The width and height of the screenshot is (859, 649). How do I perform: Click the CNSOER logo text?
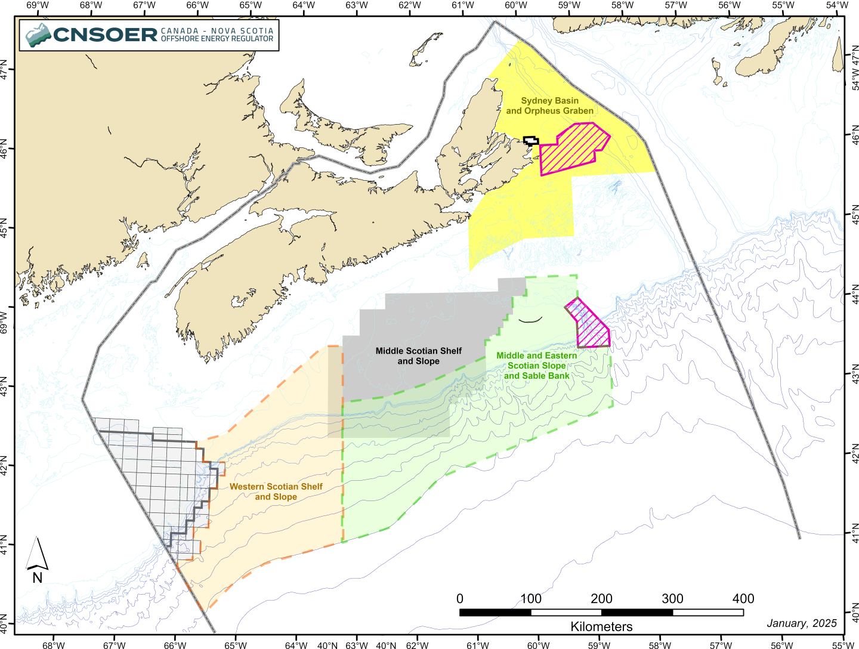106,35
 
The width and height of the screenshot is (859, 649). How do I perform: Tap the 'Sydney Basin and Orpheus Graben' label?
549,106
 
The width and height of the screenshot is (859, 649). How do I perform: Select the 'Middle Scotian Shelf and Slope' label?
418,356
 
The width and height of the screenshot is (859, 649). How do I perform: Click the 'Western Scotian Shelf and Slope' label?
276,492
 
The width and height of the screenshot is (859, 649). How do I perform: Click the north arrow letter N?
38,577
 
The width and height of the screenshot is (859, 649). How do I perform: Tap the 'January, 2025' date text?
801,623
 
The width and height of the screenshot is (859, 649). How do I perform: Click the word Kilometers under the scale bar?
601,626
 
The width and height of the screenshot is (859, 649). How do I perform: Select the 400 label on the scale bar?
743,598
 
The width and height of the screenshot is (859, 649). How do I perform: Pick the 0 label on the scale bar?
459,598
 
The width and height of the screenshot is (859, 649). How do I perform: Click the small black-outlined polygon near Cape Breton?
531,141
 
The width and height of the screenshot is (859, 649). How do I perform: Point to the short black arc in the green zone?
530,320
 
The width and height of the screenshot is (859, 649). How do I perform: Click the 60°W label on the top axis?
516,6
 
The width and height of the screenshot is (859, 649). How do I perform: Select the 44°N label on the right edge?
855,295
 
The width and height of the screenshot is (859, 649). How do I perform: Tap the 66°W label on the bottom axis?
175,645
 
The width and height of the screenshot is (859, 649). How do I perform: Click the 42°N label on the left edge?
4,465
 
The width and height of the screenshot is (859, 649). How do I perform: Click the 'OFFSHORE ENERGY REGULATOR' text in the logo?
217,39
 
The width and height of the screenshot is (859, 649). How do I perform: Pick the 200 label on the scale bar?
601,598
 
